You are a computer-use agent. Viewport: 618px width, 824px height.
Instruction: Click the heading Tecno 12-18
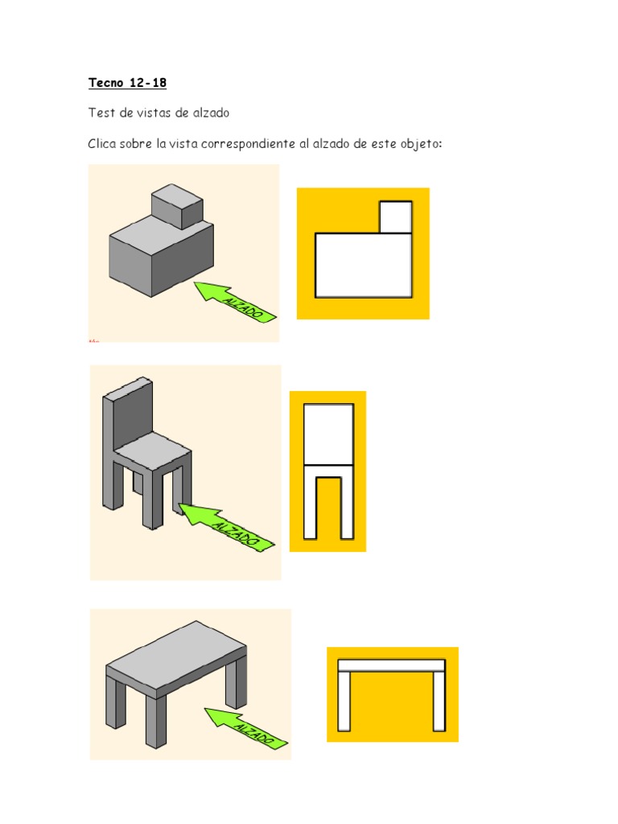click(127, 83)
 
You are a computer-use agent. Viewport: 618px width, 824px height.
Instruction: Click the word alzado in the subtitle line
click(211, 113)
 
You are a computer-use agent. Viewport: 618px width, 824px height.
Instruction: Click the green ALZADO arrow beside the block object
click(235, 302)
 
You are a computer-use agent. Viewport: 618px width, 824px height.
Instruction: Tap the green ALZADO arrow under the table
click(245, 727)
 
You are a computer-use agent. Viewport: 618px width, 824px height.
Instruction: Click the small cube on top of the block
click(177, 206)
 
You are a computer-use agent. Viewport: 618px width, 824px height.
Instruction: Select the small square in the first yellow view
click(396, 216)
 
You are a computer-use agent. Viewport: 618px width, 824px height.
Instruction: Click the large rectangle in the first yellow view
click(363, 266)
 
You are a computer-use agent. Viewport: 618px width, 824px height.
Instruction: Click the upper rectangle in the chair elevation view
click(328, 434)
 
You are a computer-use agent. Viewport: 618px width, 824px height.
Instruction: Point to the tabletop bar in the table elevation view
click(392, 665)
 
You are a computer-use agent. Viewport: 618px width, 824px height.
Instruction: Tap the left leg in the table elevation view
click(344, 702)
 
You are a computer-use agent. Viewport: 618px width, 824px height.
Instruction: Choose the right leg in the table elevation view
click(439, 702)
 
